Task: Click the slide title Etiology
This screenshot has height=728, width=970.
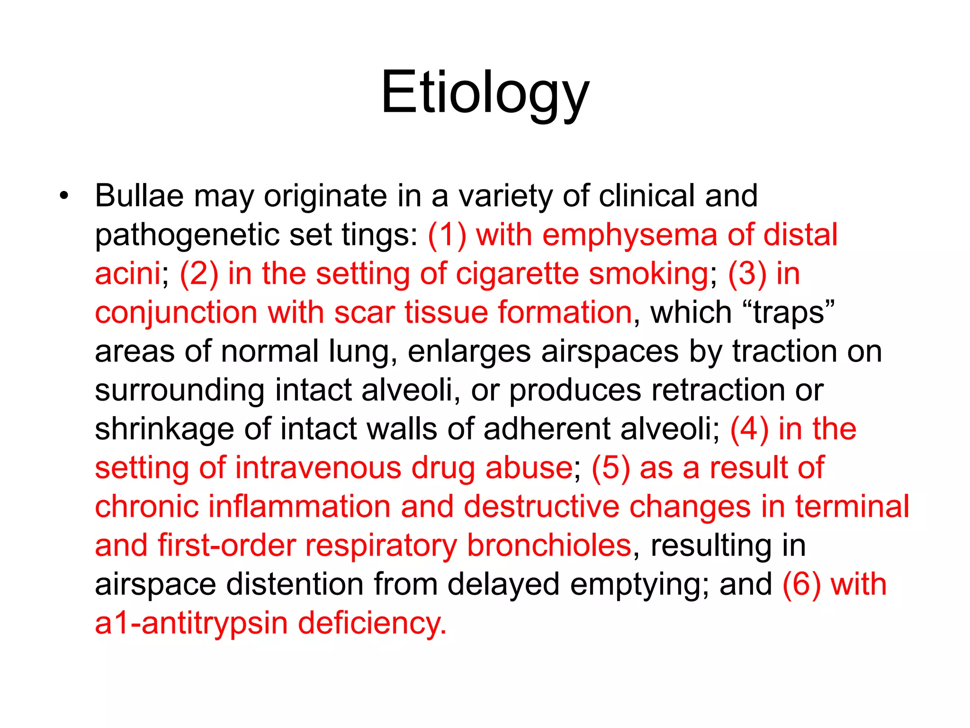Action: (x=485, y=92)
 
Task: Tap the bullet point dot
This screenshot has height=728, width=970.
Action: (x=64, y=195)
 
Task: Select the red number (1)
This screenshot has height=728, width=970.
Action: (x=447, y=235)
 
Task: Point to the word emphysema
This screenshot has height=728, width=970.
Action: (x=630, y=236)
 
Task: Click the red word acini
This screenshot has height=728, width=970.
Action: (x=127, y=273)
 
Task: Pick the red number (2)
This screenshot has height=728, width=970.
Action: (x=199, y=273)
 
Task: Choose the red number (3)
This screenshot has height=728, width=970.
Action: (x=747, y=273)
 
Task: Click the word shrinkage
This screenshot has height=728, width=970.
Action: (x=164, y=429)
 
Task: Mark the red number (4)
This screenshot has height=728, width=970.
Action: (x=749, y=429)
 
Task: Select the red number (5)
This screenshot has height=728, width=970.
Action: (x=611, y=468)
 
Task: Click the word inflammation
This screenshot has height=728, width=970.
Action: (x=299, y=507)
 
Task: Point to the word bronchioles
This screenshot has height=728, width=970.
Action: (x=549, y=546)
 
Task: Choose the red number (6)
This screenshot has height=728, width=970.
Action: (x=801, y=584)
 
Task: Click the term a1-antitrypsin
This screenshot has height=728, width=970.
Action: (x=191, y=623)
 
